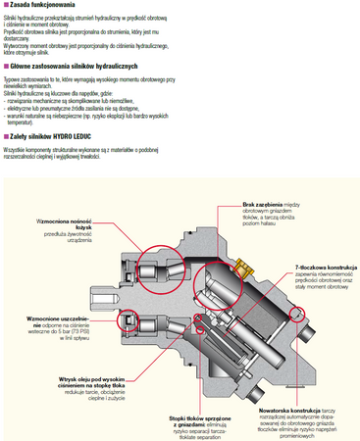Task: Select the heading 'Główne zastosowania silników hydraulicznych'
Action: pos(73,65)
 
